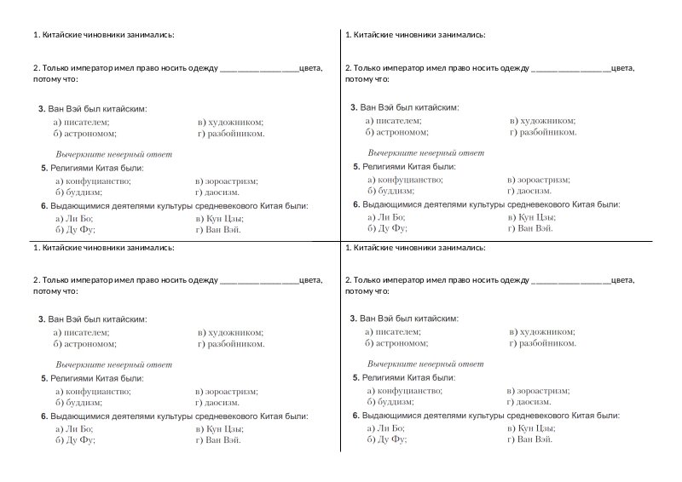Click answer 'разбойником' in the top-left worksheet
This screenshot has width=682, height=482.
tap(235, 134)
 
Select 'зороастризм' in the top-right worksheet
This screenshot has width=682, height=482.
tap(543, 180)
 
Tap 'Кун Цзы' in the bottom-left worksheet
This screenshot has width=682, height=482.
tap(224, 429)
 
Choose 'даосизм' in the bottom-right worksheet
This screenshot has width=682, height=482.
tap(533, 401)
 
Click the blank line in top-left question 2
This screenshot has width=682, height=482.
tap(259, 68)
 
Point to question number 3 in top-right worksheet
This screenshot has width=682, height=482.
tap(354, 107)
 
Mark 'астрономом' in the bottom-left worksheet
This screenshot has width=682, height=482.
tap(89, 344)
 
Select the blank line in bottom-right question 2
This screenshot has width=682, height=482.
tap(570, 279)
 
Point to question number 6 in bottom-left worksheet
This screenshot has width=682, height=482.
tap(43, 416)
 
